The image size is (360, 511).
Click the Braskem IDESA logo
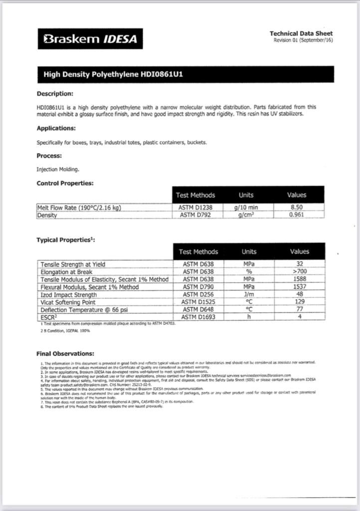[x=90, y=39]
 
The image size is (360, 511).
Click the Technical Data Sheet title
[x=301, y=33]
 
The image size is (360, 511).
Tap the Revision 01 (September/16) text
[x=303, y=40]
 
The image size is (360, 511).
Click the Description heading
[x=55, y=93]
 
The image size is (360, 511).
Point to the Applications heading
[x=56, y=128]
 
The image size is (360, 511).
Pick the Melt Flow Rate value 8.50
[x=297, y=208]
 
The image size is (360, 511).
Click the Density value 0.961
[x=297, y=215]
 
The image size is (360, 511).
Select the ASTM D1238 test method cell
[x=196, y=208]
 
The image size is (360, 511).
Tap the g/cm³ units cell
[x=246, y=215]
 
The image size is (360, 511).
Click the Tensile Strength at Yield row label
[x=73, y=264]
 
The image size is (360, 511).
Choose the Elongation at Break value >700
[x=300, y=272]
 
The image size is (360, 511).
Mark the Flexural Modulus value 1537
[x=300, y=287]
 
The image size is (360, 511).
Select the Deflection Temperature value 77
[x=300, y=309]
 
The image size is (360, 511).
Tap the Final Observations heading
[x=65, y=354]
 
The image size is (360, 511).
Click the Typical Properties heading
[x=66, y=240]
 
